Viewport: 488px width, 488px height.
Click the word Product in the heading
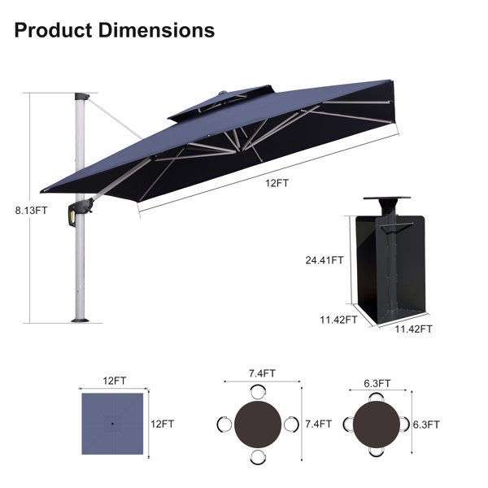point(53,31)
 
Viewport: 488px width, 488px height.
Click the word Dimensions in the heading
point(156,31)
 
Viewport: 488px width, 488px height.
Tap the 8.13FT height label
point(32,211)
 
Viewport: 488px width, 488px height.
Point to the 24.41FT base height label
point(325,260)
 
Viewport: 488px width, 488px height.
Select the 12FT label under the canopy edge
point(277,183)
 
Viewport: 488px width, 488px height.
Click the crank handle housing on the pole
point(81,211)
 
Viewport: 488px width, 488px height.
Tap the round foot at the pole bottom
point(81,320)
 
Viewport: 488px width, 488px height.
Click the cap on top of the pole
point(82,96)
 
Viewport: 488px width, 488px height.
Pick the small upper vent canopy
point(221,102)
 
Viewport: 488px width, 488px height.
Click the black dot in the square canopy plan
point(112,424)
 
